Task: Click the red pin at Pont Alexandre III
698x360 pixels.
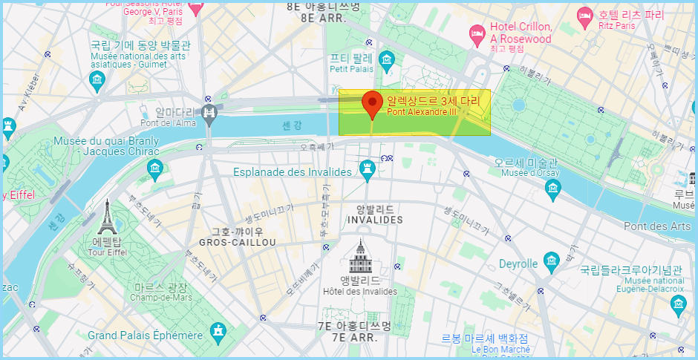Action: coord(371,104)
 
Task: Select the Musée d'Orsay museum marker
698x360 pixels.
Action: coord(552,191)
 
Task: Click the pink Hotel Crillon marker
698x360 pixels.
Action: coord(477,33)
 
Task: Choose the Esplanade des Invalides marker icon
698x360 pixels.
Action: coord(366,172)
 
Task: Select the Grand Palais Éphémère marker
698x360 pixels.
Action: coord(218,331)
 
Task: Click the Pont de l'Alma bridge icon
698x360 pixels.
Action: coord(209,113)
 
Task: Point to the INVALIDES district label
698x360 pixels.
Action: coord(374,220)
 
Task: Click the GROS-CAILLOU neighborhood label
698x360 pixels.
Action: coord(237,243)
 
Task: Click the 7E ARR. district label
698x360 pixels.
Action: coord(343,338)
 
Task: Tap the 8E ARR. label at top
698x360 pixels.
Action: coord(323,17)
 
